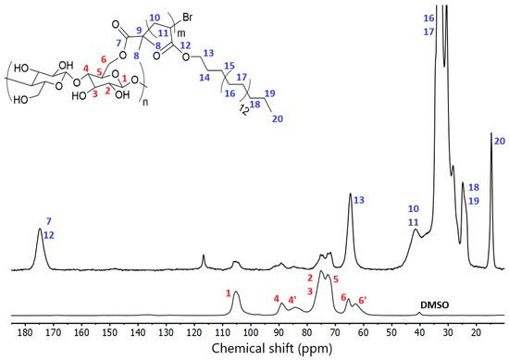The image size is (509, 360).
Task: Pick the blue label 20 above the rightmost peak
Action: click(x=499, y=142)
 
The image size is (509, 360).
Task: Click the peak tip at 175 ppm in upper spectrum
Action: click(x=40, y=230)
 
